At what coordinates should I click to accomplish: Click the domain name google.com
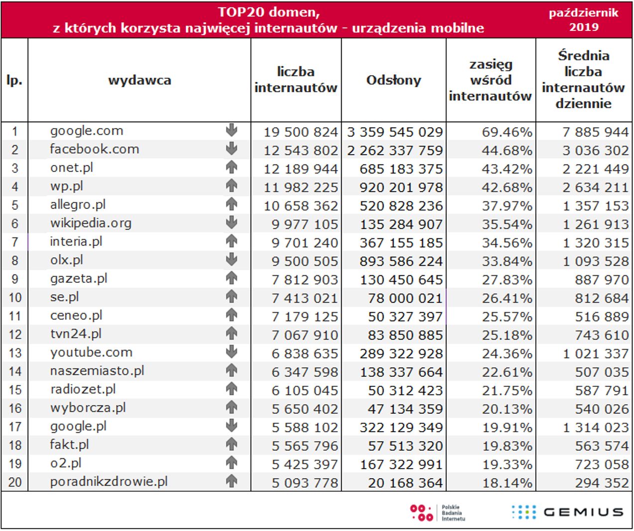coord(86,131)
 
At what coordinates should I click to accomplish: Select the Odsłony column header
coord(393,80)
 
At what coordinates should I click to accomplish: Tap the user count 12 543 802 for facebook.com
coord(300,151)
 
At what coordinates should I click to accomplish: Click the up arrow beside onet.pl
coord(232,168)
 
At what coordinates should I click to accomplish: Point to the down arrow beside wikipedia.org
coord(232,223)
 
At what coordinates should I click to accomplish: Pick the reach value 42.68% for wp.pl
coord(507,187)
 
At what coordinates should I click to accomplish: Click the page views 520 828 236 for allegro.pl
coord(401,206)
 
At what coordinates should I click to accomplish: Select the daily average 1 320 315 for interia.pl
coord(595,243)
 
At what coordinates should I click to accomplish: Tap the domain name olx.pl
coord(66,260)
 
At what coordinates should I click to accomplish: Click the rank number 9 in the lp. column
coord(15,279)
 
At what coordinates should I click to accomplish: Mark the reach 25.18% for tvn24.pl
coord(507,335)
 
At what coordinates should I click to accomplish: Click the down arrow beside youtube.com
coord(232,352)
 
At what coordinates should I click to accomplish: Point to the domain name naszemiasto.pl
coord(97,371)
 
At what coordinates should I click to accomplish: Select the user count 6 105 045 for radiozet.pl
coord(304,390)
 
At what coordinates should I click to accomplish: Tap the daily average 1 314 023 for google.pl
coord(595,427)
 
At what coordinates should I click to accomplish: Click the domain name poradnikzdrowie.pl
coord(109,482)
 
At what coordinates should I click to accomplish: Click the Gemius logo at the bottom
coord(568,512)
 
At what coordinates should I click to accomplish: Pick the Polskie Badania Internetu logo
coord(437,513)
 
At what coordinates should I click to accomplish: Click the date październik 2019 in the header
coord(583,20)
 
